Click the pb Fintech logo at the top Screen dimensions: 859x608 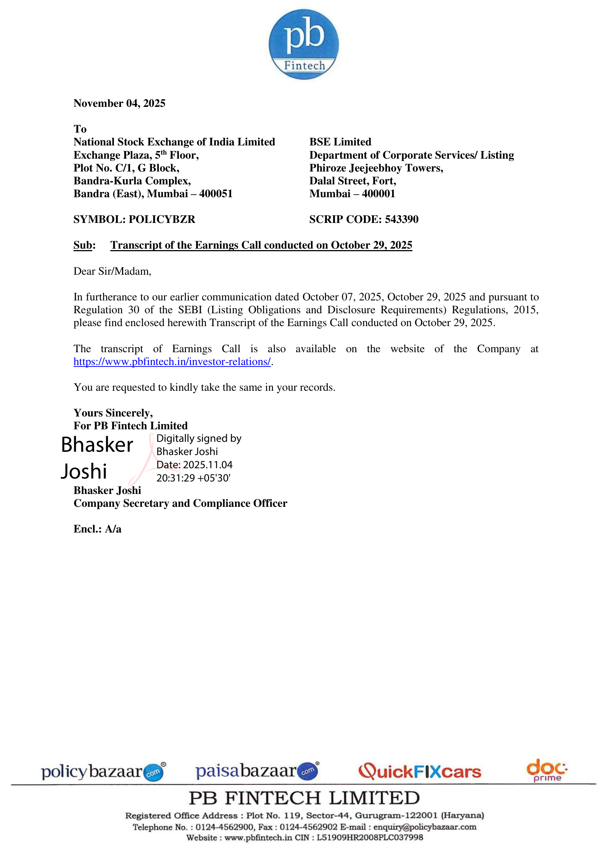coord(304,44)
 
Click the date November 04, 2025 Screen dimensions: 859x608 coord(119,103)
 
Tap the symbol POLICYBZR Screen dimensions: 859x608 coord(162,219)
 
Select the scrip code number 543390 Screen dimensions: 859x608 coord(401,219)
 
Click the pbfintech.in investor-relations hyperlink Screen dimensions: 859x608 coord(172,362)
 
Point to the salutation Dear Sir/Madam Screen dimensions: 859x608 coord(112,271)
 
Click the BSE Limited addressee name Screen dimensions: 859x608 coord(340,142)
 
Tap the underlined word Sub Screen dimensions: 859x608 coord(83,245)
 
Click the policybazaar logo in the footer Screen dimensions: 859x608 coord(103,772)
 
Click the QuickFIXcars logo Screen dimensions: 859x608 coord(420,772)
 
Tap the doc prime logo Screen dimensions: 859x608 coord(547,770)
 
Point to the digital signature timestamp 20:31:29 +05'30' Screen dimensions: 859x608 coord(193,478)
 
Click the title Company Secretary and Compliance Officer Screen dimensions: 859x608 coord(180,504)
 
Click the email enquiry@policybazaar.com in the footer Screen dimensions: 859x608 coord(425,827)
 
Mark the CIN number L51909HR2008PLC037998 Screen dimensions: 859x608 coord(369,837)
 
